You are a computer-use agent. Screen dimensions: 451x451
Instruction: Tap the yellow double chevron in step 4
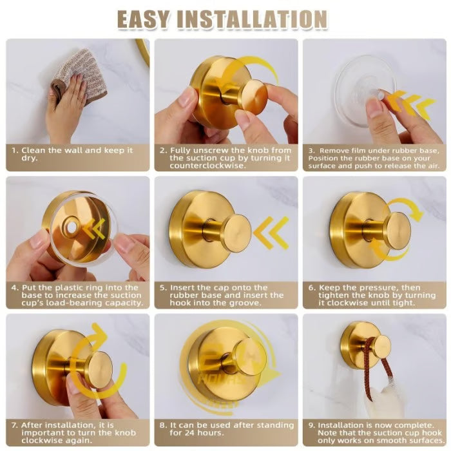(96, 228)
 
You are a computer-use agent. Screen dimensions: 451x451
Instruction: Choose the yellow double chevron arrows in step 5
(271, 233)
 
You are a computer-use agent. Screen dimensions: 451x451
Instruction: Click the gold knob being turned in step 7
(97, 369)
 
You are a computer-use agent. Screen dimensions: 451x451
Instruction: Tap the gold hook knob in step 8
(247, 356)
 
